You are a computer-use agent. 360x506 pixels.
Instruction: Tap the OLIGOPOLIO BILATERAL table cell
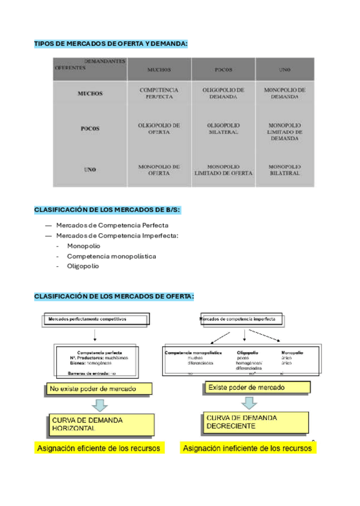pyautogui.click(x=223, y=128)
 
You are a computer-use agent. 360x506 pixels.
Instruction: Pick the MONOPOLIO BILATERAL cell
pyautogui.click(x=285, y=170)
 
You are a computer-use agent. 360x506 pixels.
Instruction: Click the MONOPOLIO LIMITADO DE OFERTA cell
pyautogui.click(x=223, y=170)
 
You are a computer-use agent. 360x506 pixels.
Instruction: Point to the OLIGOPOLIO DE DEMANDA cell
pyautogui.click(x=223, y=93)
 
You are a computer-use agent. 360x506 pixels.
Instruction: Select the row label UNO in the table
pyautogui.click(x=90, y=169)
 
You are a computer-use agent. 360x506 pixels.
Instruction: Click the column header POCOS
pyautogui.click(x=223, y=70)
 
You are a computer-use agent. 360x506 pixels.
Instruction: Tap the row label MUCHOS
pyautogui.click(x=90, y=94)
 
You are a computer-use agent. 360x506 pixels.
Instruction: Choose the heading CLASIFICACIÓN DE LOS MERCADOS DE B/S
pyautogui.click(x=107, y=209)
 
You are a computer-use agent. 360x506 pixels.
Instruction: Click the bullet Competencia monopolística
pyautogui.click(x=112, y=256)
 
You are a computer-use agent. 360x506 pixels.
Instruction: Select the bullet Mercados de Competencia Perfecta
pyautogui.click(x=112, y=225)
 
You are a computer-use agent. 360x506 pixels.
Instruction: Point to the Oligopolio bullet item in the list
pyautogui.click(x=83, y=266)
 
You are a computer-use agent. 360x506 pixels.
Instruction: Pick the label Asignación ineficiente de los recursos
pyautogui.click(x=248, y=448)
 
